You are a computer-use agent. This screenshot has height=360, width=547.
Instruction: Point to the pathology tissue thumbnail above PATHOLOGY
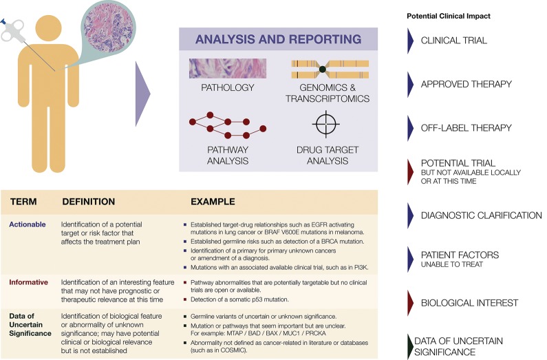click(217, 69)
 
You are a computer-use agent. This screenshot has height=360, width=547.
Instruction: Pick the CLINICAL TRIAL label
click(454, 41)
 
